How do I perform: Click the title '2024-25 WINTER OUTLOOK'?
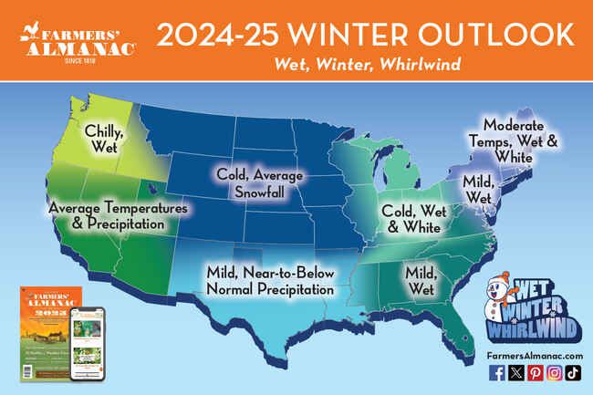click(365, 34)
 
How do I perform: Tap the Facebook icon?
click(497, 372)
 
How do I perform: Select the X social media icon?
click(515, 372)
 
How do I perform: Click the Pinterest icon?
click(534, 372)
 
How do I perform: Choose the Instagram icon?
click(553, 372)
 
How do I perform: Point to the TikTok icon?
click(571, 372)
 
